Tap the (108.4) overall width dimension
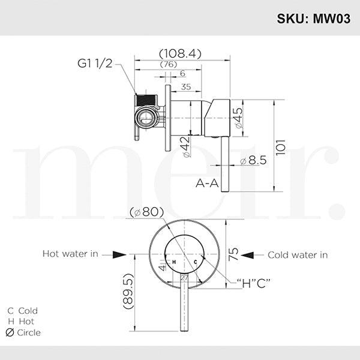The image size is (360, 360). (181, 53)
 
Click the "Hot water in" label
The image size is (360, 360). (70, 254)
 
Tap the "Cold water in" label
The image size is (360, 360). (298, 254)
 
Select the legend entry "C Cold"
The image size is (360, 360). (23, 311)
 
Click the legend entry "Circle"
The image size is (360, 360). (24, 332)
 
